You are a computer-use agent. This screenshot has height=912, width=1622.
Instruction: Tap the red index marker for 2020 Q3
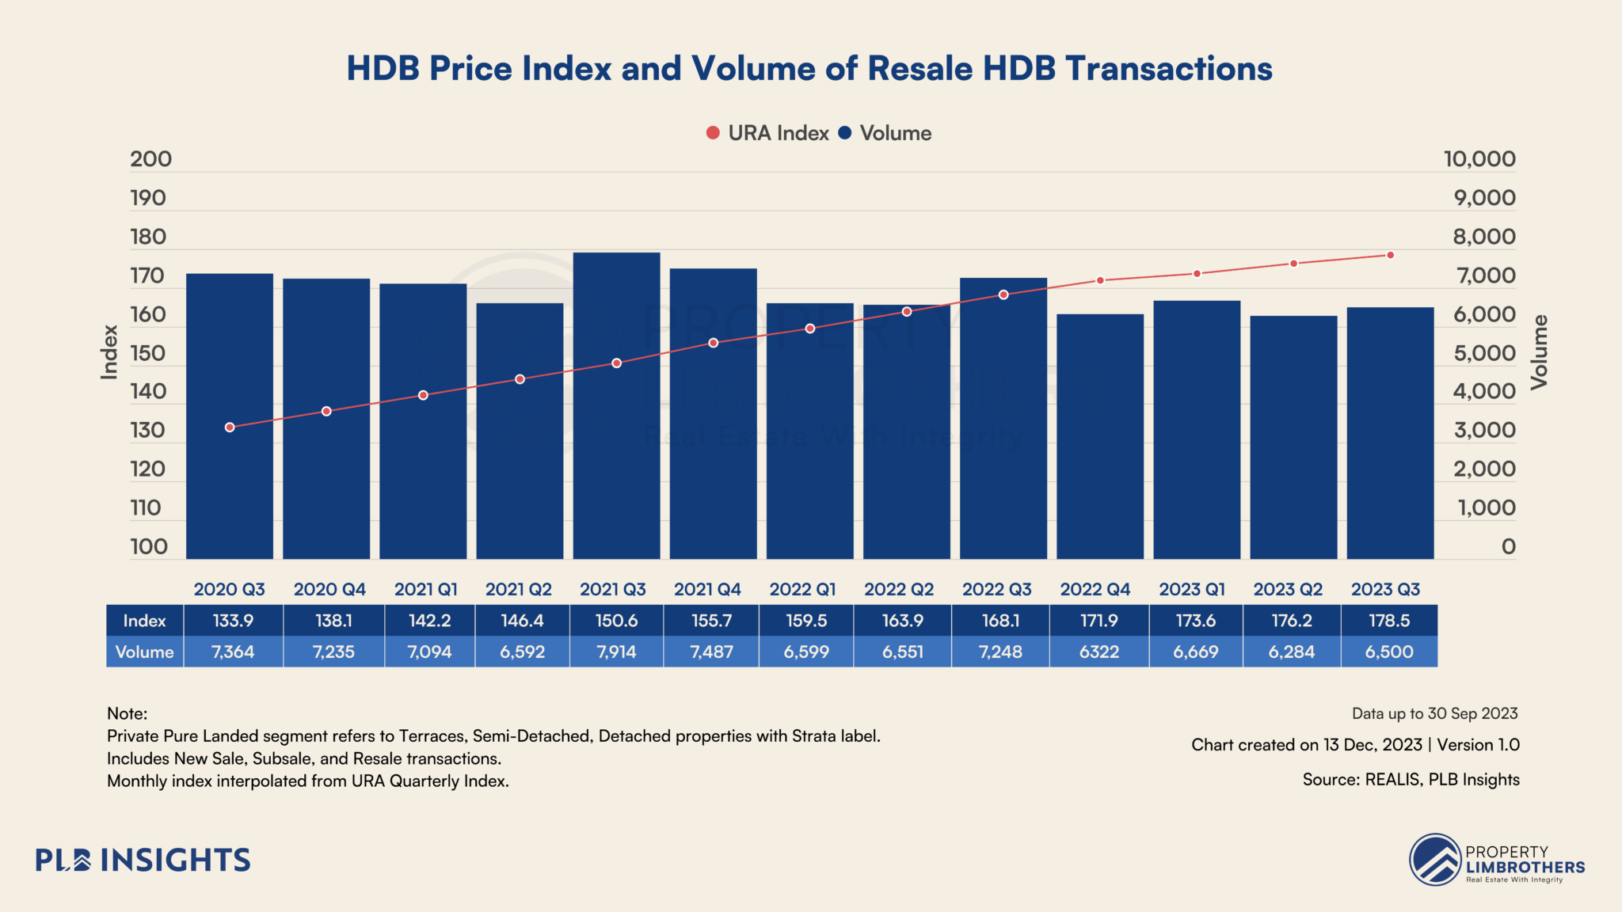[x=230, y=427]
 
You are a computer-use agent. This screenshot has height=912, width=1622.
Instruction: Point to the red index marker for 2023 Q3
[x=1390, y=255]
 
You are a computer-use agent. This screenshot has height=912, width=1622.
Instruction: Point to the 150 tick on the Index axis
[x=148, y=353]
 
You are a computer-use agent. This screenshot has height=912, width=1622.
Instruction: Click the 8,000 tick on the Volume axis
[x=1483, y=237]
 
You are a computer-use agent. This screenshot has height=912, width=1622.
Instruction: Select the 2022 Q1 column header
[x=802, y=589]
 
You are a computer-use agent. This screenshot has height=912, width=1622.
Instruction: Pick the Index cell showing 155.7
[x=711, y=621]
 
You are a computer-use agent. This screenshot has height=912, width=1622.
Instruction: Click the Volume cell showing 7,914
[x=616, y=652]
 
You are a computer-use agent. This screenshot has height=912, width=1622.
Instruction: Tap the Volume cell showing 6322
[x=1099, y=652]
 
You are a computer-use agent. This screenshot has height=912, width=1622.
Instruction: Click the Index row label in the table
[x=144, y=621]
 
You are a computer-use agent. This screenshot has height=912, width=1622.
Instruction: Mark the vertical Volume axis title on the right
[x=1538, y=352]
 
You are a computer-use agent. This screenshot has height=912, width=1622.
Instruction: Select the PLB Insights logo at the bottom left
[x=143, y=860]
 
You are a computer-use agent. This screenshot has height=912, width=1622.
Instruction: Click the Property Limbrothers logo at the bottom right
[x=1497, y=860]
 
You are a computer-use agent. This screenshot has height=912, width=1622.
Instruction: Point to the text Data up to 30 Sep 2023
[x=1434, y=713]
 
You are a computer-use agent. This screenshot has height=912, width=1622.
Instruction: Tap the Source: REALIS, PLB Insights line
[x=1411, y=780]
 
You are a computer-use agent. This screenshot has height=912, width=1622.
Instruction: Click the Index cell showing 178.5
[x=1389, y=621]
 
